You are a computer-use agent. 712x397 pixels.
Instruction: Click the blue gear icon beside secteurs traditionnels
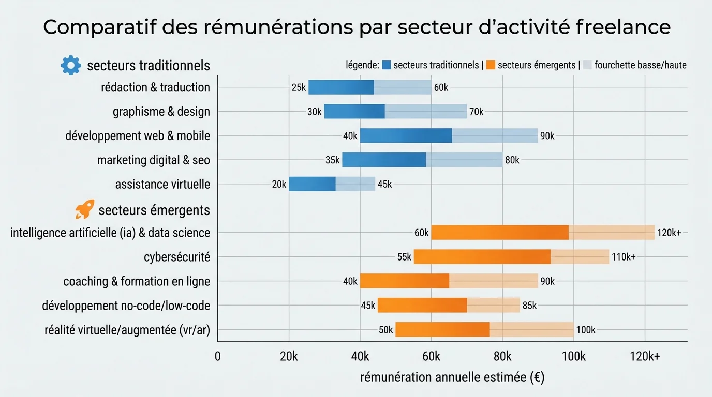(x=71, y=65)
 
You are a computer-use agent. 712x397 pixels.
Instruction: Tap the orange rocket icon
(x=85, y=209)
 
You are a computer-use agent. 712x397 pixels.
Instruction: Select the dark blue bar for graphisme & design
(x=354, y=112)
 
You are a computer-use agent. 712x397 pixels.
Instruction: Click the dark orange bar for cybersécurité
(x=482, y=257)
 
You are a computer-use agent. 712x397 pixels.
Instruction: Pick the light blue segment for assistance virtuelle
(x=355, y=184)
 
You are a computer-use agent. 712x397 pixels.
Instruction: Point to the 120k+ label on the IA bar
(x=669, y=233)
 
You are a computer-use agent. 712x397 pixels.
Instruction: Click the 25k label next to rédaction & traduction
(x=299, y=88)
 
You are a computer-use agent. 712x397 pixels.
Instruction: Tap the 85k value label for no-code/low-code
(x=529, y=306)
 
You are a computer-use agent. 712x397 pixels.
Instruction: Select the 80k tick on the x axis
(x=502, y=356)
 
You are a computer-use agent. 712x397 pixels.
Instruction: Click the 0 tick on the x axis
(x=217, y=356)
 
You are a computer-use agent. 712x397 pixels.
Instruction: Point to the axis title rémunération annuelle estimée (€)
(x=452, y=378)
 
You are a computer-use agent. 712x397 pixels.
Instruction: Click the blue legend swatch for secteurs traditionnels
(x=387, y=66)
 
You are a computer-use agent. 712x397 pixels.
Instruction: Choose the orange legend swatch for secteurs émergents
(x=491, y=66)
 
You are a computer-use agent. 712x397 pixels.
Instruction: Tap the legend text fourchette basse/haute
(x=640, y=66)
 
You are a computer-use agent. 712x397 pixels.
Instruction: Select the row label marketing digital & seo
(x=154, y=160)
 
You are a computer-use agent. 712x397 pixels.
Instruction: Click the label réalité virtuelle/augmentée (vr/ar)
(x=127, y=330)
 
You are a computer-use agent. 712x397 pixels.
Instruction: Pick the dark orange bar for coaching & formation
(x=404, y=281)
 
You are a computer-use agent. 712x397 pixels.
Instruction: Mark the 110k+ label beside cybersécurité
(x=624, y=257)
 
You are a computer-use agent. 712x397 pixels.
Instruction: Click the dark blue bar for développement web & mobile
(x=406, y=136)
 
